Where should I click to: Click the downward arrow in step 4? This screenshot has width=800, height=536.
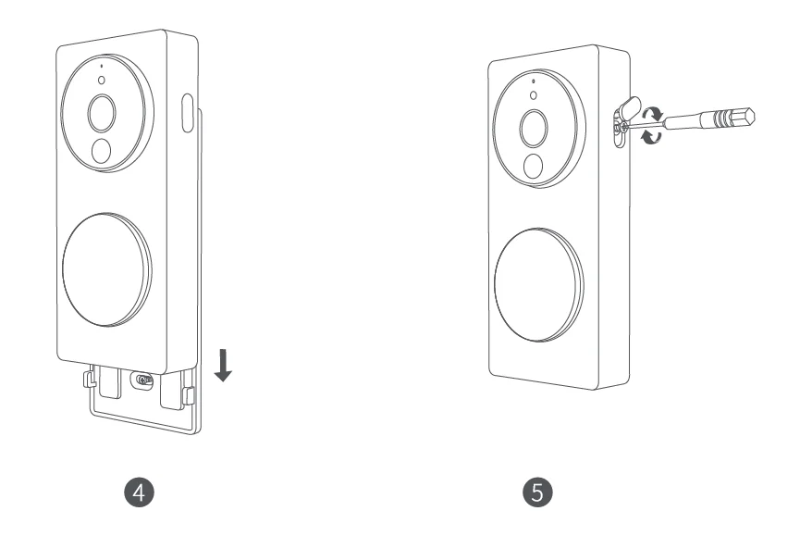point(223,366)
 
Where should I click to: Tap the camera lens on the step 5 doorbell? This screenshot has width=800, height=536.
point(534,128)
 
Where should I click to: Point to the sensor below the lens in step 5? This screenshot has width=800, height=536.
point(532,165)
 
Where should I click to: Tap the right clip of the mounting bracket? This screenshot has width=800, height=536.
point(190,394)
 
